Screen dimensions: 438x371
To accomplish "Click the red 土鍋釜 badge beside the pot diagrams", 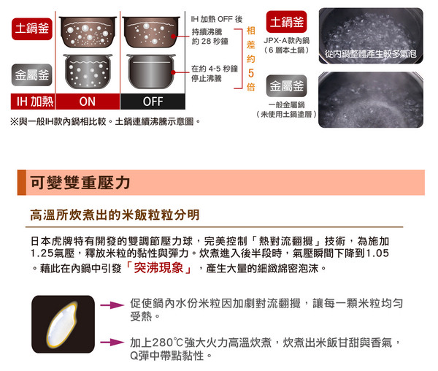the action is click(32, 28).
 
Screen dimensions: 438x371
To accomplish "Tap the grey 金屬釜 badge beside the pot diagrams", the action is click(32, 75).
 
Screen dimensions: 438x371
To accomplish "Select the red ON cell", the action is click(88, 102).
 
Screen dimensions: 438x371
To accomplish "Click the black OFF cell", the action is click(153, 102).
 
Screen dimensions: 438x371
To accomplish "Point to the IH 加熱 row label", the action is click(33, 102).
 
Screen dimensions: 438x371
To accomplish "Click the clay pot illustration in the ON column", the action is click(88, 32).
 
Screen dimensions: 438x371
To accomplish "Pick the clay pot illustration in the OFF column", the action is click(151, 32).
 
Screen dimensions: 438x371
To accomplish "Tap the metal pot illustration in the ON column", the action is click(88, 72).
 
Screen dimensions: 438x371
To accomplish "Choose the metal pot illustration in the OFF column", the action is click(151, 72).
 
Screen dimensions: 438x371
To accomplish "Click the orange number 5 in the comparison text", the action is click(251, 73).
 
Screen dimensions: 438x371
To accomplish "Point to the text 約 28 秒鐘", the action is click(210, 42).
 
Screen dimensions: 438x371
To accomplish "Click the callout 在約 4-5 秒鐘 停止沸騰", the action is click(214, 74).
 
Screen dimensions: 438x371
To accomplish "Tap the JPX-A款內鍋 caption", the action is click(286, 41).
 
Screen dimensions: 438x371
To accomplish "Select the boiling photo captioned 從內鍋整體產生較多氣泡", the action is click(371, 36).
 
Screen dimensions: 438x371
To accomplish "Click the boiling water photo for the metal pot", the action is click(371, 100).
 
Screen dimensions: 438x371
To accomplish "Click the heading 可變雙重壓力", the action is click(80, 183).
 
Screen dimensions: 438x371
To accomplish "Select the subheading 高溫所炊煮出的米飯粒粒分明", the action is click(115, 215).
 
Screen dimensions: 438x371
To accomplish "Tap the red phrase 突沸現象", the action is click(158, 268).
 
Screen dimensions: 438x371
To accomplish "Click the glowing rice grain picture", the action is click(63, 324).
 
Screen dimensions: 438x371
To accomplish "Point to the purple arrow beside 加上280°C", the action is click(112, 343).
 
